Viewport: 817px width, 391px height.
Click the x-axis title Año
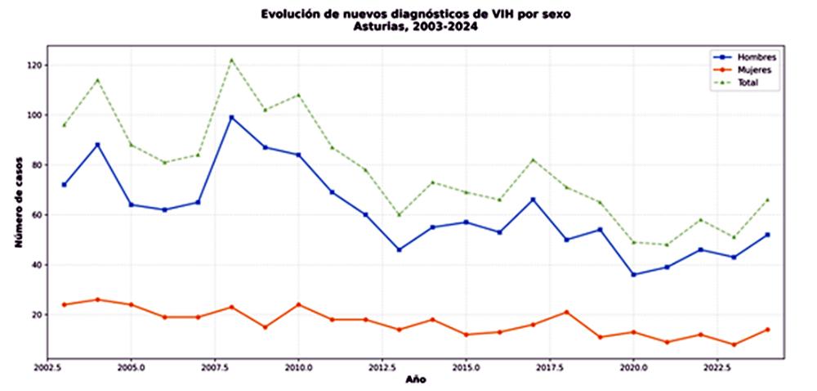pos(415,380)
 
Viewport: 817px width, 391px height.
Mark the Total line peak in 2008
pos(232,60)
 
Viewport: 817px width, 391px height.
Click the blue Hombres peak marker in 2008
pos(232,118)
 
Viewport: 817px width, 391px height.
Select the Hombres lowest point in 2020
pos(634,274)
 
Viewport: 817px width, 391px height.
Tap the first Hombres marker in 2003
pos(65,185)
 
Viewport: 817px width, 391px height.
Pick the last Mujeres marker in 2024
pos(768,330)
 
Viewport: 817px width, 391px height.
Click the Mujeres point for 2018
pos(567,312)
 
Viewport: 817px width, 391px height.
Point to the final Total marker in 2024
pos(768,200)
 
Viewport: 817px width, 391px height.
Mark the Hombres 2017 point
pos(534,200)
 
